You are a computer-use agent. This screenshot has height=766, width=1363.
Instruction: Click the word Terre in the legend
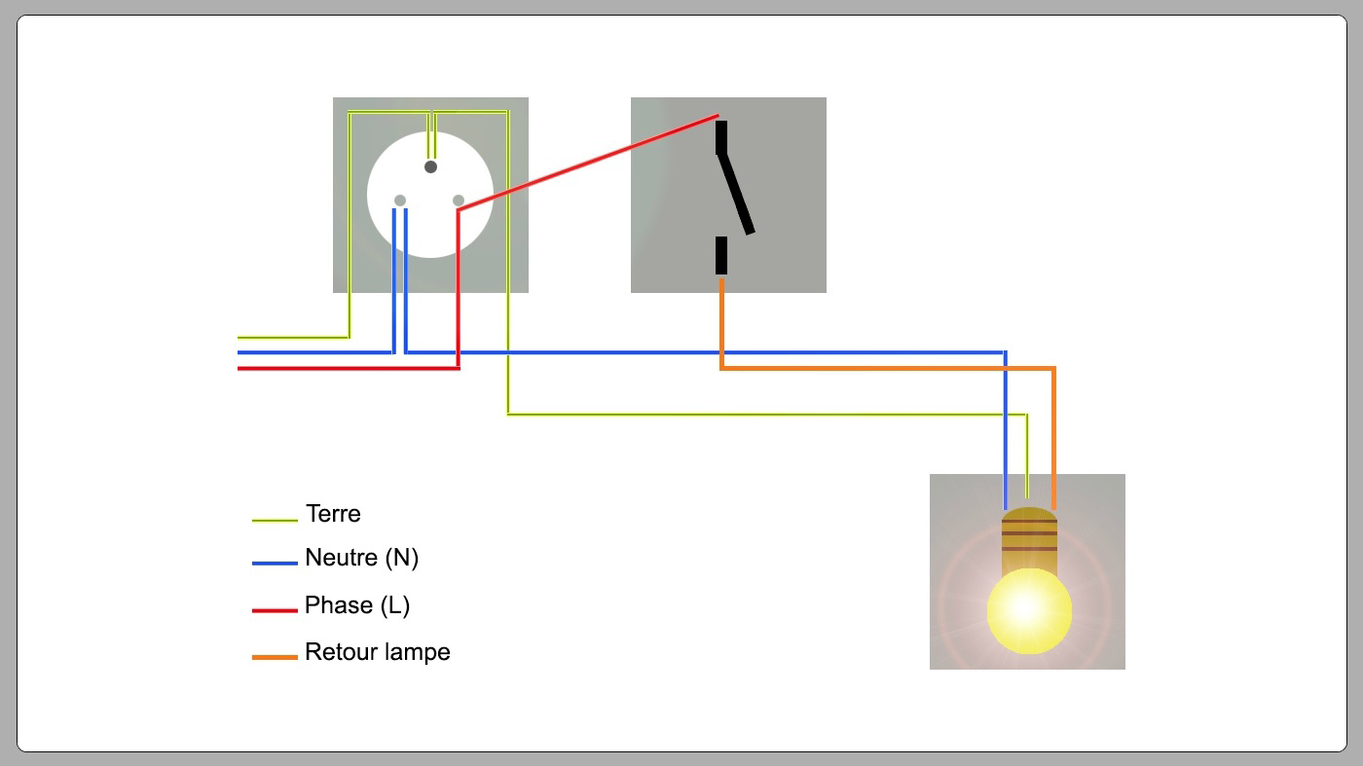(333, 514)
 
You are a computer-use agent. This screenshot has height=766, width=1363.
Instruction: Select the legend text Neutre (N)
(361, 559)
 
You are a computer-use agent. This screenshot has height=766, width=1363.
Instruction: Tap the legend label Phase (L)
(356, 605)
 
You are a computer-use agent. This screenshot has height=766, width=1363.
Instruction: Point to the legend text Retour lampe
(377, 652)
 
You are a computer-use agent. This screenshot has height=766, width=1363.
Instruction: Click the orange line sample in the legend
(275, 658)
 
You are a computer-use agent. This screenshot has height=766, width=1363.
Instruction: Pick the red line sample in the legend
(275, 610)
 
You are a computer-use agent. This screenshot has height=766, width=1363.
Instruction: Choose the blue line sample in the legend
(275, 563)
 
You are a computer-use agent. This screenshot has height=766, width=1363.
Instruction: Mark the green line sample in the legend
(275, 521)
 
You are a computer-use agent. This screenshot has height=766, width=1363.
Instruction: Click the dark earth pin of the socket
(430, 167)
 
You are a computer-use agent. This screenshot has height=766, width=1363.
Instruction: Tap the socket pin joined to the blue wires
(400, 201)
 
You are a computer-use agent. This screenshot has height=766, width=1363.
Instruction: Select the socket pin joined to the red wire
(459, 201)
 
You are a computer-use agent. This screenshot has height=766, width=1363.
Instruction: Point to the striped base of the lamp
(1029, 536)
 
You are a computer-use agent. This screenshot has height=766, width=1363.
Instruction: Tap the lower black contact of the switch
(721, 255)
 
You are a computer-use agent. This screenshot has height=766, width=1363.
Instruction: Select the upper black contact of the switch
(721, 137)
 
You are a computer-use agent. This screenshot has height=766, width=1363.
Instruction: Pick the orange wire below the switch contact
(721, 321)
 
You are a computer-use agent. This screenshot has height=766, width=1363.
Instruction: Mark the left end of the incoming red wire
(241, 368)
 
